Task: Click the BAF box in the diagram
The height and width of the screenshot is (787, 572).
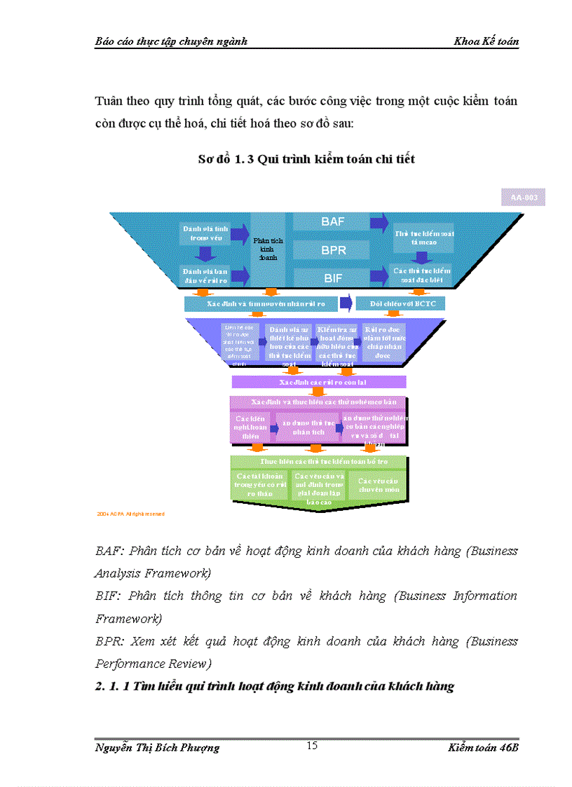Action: (332, 221)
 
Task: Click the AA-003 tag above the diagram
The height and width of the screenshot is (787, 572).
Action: (524, 198)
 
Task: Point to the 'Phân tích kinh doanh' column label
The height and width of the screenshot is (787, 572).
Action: (267, 249)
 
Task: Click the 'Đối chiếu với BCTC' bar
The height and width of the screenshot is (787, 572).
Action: (400, 303)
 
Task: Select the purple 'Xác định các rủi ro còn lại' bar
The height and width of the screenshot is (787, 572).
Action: (319, 382)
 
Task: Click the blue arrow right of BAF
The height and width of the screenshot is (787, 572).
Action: (379, 222)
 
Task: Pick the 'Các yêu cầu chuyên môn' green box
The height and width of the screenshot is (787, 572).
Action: (378, 485)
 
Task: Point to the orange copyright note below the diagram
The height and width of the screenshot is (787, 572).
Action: (131, 514)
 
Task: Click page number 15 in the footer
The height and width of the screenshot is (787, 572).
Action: (312, 745)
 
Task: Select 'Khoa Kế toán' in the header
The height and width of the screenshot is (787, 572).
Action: (486, 41)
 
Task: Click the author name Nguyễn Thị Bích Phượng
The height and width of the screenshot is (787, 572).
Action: (157, 748)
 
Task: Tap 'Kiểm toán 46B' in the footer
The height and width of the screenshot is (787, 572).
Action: (484, 748)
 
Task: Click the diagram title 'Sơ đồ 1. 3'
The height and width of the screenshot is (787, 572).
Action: (306, 159)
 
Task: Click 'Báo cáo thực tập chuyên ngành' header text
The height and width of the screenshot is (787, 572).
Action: (171, 41)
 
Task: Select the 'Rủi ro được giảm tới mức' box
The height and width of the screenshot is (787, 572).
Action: (382, 343)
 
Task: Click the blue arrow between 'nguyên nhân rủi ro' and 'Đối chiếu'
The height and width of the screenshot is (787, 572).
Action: (346, 303)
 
